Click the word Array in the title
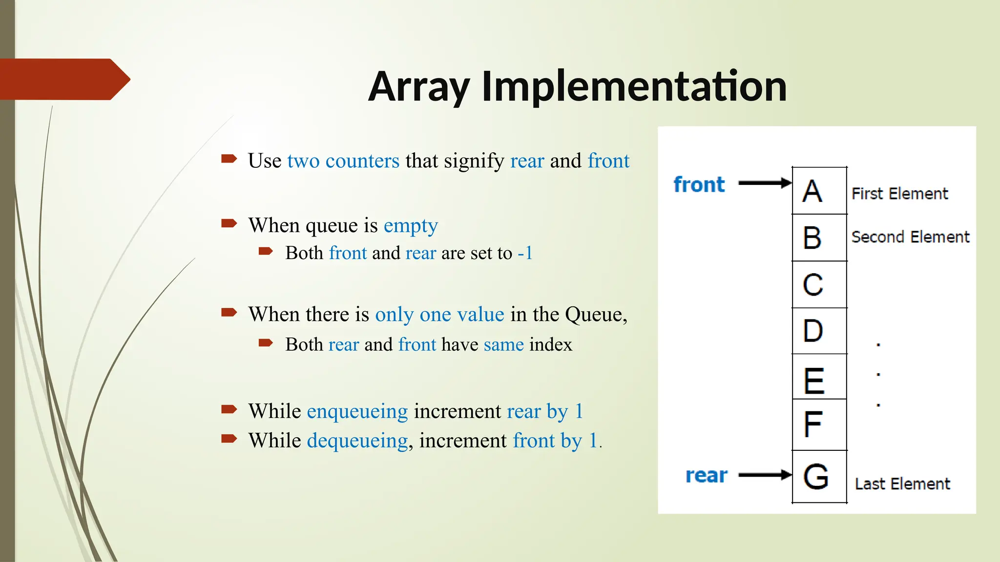(x=419, y=86)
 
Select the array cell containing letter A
(x=819, y=191)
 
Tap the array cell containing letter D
(x=819, y=331)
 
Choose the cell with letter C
(x=819, y=284)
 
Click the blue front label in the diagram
(x=699, y=185)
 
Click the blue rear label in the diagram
(x=706, y=475)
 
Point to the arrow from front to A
(x=764, y=183)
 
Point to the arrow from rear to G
(x=764, y=475)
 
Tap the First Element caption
(x=899, y=194)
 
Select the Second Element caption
(x=910, y=237)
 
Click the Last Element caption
(x=902, y=484)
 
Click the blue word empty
(x=411, y=226)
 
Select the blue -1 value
(x=525, y=253)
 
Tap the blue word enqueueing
(x=357, y=412)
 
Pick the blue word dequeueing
(x=357, y=441)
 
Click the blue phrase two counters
(x=343, y=161)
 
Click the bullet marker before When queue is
(x=229, y=224)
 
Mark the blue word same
(x=503, y=345)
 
